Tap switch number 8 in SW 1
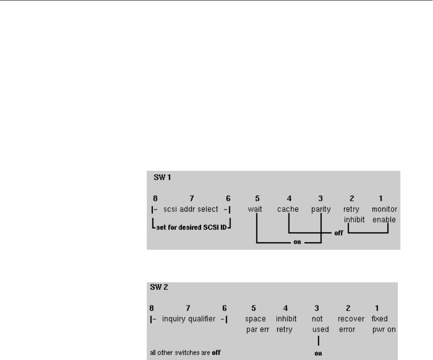(x=154, y=199)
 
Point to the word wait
(x=255, y=210)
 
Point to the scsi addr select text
(x=191, y=210)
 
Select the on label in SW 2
(x=318, y=354)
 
